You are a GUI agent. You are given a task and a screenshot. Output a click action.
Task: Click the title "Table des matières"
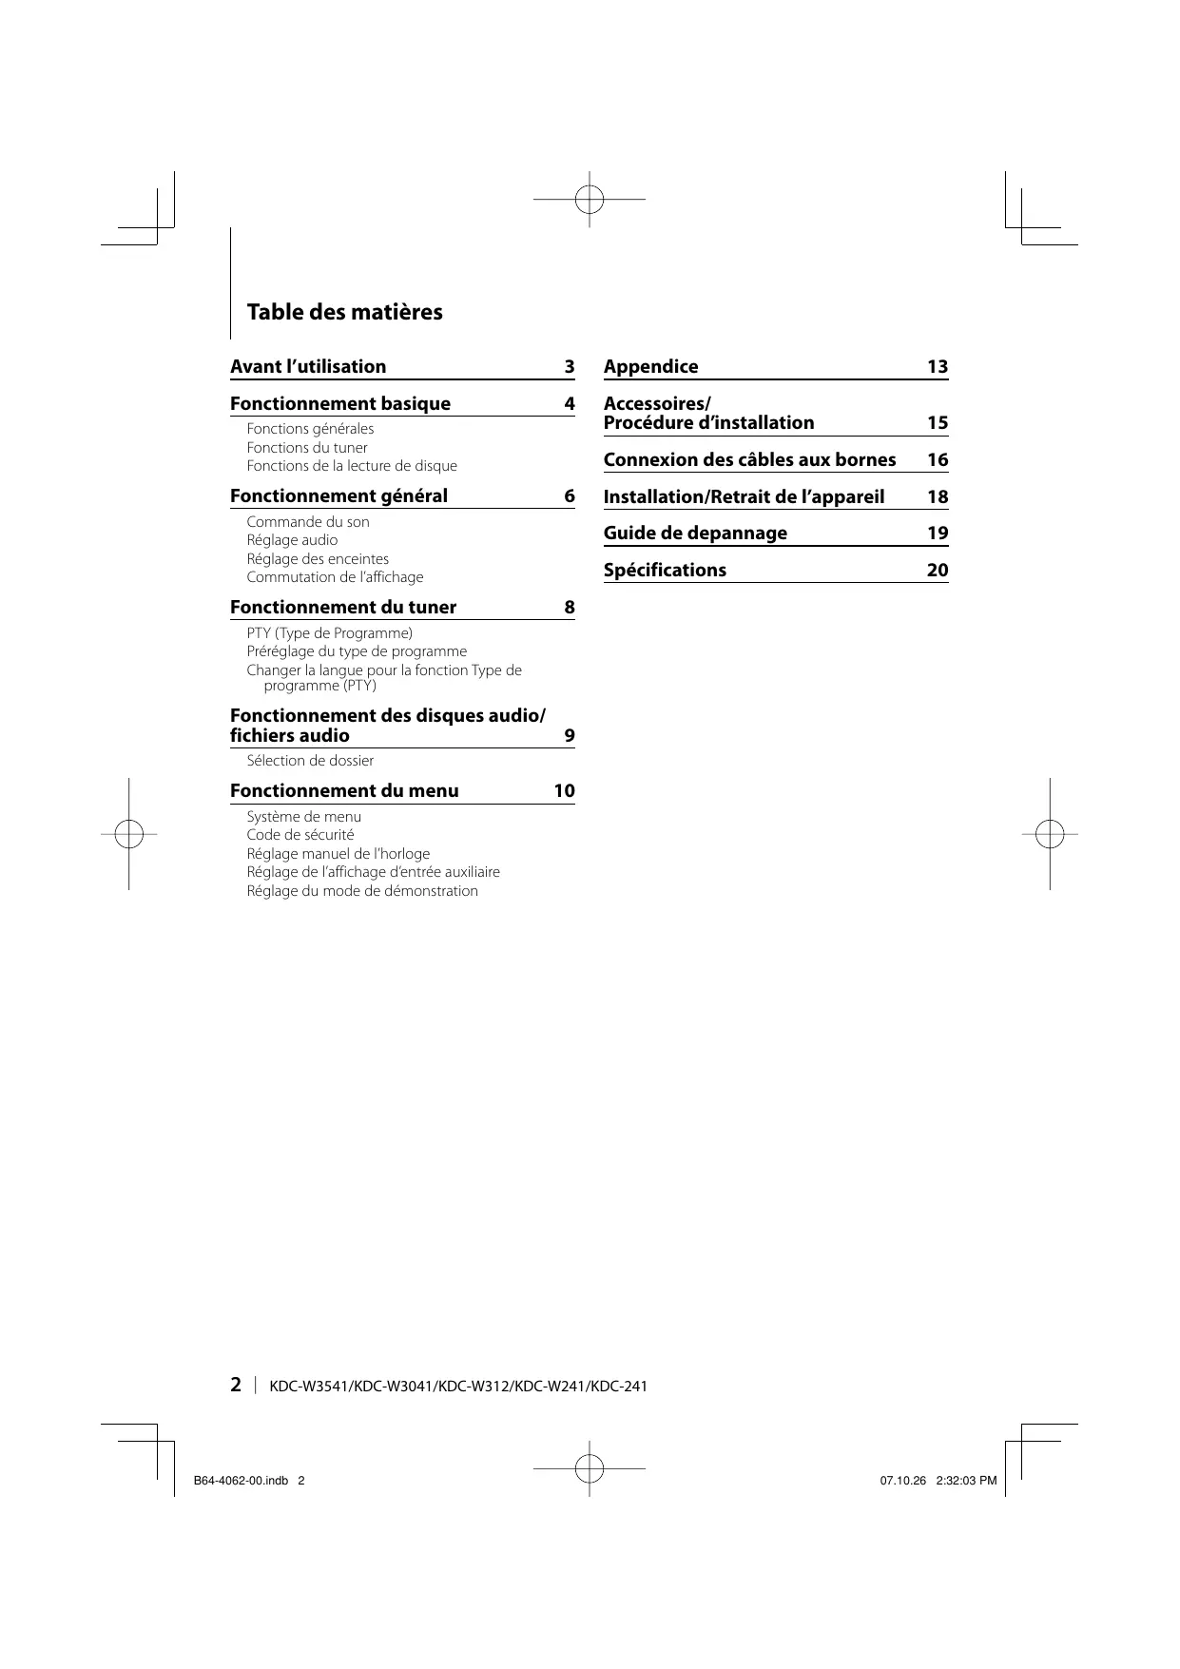tap(344, 312)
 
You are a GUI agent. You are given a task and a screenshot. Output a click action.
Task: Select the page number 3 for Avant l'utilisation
tap(569, 367)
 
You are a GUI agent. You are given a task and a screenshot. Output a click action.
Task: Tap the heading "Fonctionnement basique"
tap(340, 404)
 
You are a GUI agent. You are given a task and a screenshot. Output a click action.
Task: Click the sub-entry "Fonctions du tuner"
tap(307, 448)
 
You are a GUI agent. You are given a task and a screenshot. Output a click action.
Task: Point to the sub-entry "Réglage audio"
tap(292, 540)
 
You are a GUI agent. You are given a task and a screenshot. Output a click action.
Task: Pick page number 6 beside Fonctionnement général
tap(569, 496)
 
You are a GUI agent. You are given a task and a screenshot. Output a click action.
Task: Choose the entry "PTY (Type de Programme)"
tap(329, 633)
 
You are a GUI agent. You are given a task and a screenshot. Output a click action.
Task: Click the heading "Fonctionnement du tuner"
tap(343, 608)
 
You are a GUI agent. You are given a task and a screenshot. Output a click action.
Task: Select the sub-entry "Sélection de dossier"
tap(310, 761)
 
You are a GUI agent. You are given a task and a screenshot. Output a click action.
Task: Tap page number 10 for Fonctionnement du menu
tap(564, 791)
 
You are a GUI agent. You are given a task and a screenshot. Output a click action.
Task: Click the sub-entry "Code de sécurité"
tap(300, 835)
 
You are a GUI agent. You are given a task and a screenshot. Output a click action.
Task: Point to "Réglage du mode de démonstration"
tap(362, 891)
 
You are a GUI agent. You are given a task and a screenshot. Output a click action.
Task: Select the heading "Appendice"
tap(650, 367)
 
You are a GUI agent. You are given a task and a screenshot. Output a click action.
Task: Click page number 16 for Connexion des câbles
tap(938, 460)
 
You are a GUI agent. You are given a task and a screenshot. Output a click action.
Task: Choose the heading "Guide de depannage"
tap(695, 534)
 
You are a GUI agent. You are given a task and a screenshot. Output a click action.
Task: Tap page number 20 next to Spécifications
tap(938, 571)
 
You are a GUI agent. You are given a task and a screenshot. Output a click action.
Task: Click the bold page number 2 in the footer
tap(236, 1385)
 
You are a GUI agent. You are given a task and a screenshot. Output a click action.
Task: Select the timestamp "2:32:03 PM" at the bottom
tap(966, 1481)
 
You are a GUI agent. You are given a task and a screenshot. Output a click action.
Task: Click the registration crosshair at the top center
tap(590, 200)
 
